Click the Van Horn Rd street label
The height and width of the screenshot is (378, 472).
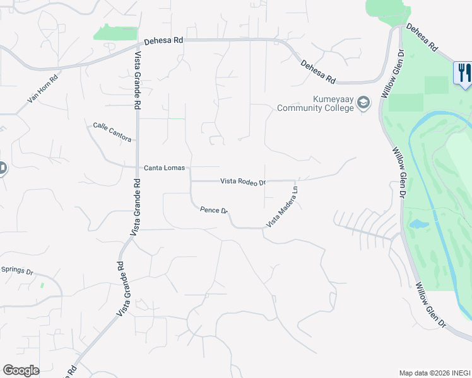coord(43,89)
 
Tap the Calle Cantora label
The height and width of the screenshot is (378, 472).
coord(112,131)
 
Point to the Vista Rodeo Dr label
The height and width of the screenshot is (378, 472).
coord(243,181)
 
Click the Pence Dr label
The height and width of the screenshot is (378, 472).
coord(213,210)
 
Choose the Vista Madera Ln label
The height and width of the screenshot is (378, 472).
coord(282,207)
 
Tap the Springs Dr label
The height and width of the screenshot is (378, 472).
coord(17,270)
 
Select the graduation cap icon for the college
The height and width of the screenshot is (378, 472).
coord(363,103)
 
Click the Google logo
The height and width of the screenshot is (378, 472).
coord(21,370)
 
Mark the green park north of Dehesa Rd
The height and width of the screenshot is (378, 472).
coord(115,33)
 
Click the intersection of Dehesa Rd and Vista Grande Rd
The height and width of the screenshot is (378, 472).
coord(138,45)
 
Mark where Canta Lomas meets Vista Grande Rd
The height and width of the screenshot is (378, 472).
coord(138,168)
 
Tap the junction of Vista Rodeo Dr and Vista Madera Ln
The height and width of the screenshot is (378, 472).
coord(296,181)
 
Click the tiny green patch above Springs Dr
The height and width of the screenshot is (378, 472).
coord(42,285)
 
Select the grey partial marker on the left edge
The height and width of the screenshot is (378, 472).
coord(2,169)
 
